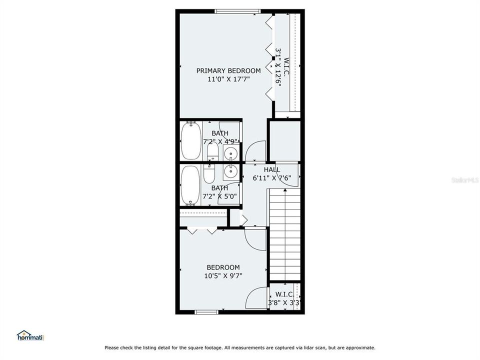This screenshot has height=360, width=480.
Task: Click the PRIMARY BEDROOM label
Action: pos(228,70)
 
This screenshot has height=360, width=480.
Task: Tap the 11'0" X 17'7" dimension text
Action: pos(228,79)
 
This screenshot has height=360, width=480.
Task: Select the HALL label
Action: pos(272,169)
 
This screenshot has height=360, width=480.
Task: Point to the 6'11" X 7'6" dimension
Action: pos(272,178)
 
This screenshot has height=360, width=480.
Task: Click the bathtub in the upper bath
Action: pos(191,140)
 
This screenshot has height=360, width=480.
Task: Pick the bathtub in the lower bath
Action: pos(190,185)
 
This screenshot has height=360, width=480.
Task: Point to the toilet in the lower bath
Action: pos(209,174)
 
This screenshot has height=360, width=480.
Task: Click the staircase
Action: pos(284,234)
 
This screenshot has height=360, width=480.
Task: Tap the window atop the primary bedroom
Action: pos(237,11)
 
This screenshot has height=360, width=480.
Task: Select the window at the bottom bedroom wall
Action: pos(206,312)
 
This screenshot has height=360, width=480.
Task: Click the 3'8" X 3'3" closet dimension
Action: pos(284,303)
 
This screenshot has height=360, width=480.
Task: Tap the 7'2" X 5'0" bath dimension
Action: pos(220,196)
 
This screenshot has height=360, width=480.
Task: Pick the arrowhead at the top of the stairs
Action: pos(285,190)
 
